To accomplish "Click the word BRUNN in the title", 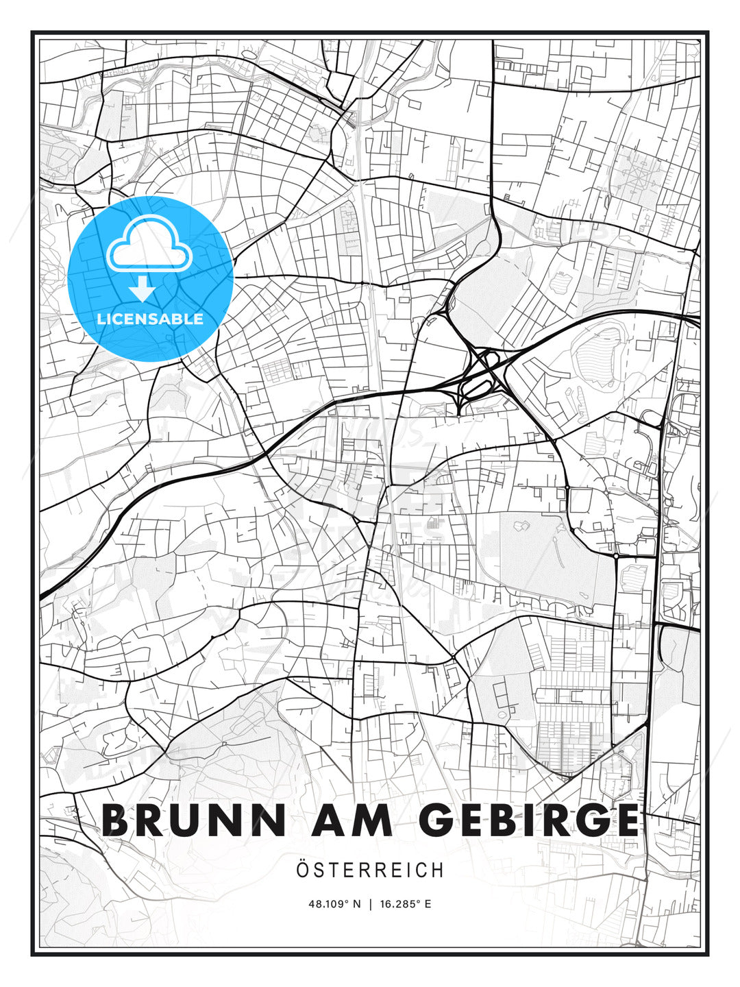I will tap(193, 820).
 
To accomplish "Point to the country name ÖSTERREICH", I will tap(370, 870).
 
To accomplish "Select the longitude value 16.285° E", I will tap(405, 904).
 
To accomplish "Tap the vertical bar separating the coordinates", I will tap(370, 904).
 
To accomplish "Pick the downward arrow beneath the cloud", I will tap(143, 289).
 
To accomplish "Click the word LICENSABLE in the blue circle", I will tap(150, 319).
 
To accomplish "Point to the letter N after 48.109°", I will tap(356, 904).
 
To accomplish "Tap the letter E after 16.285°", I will tap(428, 904).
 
